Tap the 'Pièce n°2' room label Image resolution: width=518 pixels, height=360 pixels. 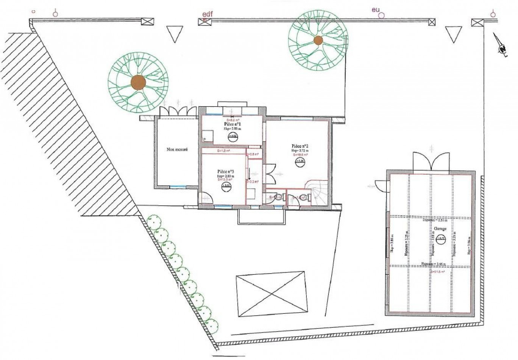coord(300,146)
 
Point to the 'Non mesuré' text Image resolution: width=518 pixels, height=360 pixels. coord(177,150)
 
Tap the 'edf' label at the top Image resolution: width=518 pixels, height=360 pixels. coord(208,14)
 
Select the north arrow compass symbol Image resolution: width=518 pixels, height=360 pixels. coord(502,48)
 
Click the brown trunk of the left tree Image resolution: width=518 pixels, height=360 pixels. coord(138,82)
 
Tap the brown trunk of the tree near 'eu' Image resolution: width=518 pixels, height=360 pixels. coord(318,40)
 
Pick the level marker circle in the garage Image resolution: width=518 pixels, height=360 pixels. coord(440,238)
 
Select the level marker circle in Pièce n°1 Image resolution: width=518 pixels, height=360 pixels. coord(233,137)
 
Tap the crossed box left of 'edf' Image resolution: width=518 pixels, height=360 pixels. coord(147,22)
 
